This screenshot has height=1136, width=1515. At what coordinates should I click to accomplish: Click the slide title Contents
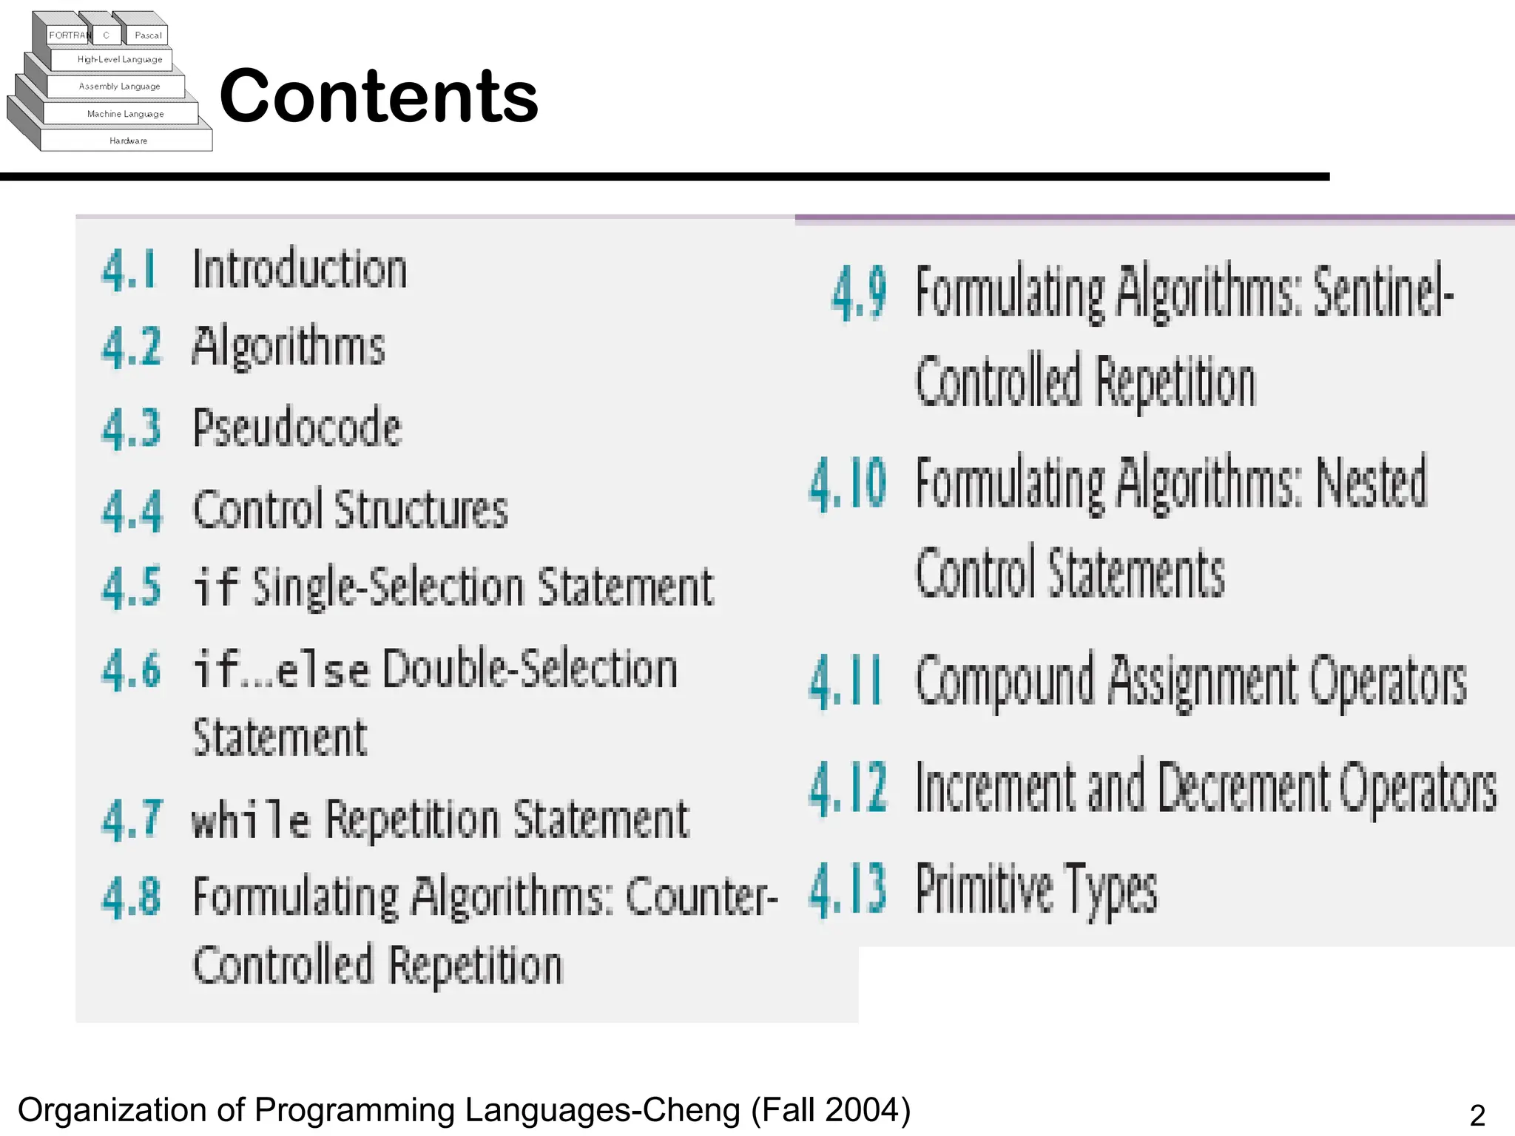pos(379,96)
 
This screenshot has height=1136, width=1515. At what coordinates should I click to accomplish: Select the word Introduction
pos(300,269)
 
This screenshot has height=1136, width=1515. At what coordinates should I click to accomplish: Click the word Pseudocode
pos(297,427)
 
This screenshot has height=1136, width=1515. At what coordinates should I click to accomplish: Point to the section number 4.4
pos(132,510)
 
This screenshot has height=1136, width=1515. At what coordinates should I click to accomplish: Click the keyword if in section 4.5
pos(215,587)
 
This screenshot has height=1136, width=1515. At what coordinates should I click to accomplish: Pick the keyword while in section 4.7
pos(250,821)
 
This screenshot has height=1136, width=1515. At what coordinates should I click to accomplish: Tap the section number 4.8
pos(131,896)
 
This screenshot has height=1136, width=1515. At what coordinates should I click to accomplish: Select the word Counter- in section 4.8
pos(701,896)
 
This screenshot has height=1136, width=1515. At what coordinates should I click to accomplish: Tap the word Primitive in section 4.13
pos(985,890)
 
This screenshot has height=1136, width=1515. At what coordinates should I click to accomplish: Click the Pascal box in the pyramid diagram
pos(148,35)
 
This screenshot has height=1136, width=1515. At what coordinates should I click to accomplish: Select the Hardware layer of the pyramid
pos(128,141)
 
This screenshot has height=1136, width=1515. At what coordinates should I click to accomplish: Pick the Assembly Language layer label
pos(119,87)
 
